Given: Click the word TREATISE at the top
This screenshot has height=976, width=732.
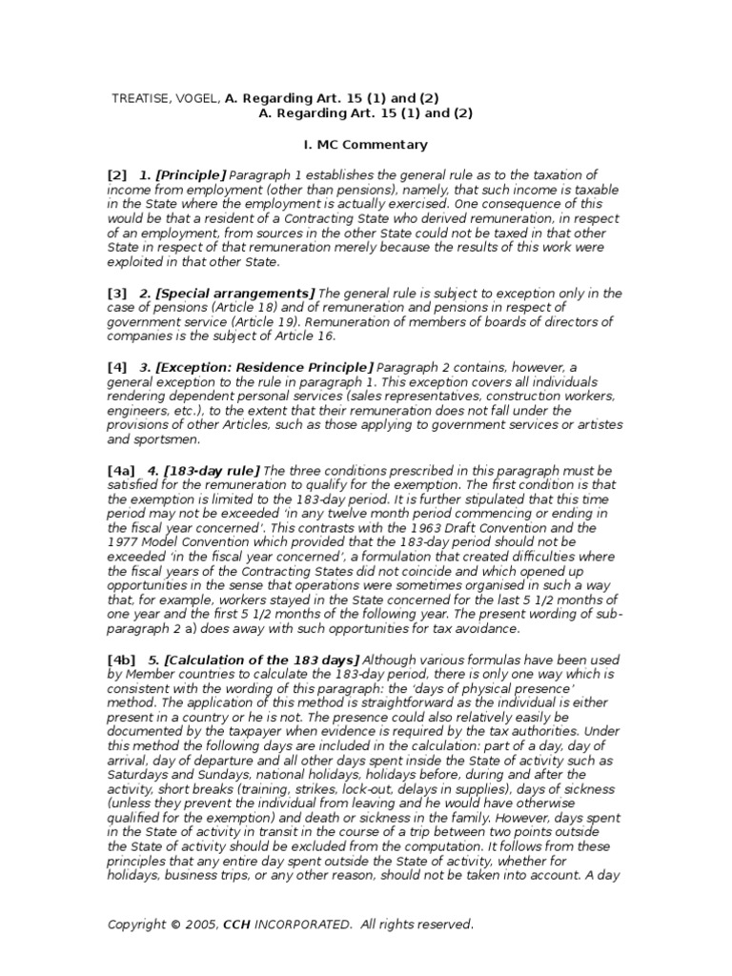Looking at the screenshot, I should coord(140,98).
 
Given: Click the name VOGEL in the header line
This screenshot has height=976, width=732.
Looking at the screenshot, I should coord(198,98).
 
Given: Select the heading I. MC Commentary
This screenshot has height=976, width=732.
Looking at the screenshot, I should coord(358,145).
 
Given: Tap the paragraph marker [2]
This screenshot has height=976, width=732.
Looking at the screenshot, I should coord(117,175).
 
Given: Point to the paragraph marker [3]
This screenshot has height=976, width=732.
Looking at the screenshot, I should coord(117,294).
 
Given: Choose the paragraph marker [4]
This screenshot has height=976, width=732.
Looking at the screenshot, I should coord(117,367).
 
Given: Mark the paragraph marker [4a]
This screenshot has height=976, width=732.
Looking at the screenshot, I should coord(121,471).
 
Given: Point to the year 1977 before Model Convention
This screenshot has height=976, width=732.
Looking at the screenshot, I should coord(124,541).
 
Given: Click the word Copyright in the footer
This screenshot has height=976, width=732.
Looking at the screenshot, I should coord(136,924).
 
